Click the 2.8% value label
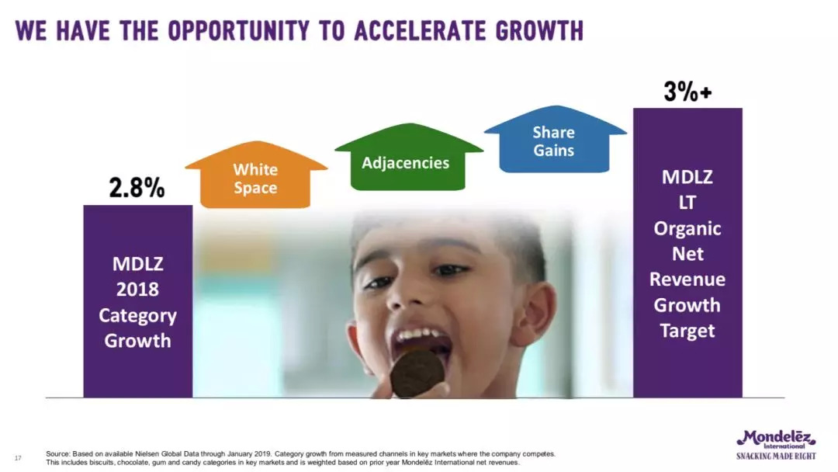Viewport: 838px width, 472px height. (137, 188)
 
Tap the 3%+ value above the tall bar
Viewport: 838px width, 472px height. (687, 92)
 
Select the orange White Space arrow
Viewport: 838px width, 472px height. (256, 175)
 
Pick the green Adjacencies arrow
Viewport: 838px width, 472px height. (408, 157)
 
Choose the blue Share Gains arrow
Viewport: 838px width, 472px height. (555, 140)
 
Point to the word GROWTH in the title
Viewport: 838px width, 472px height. (539, 31)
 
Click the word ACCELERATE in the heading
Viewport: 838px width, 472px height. (420, 31)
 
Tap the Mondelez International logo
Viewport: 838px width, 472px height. (776, 439)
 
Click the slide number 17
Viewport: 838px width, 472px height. (18, 458)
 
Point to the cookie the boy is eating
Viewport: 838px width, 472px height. (417, 373)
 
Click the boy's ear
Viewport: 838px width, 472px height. (534, 313)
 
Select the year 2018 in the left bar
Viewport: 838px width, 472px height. (137, 290)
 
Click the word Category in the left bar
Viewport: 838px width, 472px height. (137, 316)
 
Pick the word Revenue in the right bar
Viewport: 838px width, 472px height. (687, 279)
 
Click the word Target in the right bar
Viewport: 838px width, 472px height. (687, 331)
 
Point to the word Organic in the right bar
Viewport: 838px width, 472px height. (687, 229)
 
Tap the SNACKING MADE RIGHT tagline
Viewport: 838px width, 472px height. (776, 456)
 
